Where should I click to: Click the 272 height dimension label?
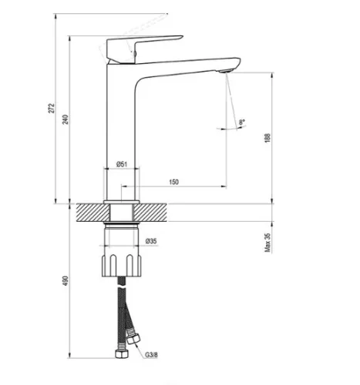[52, 108]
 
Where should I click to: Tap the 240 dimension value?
[66, 119]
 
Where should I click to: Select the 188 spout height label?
[267, 138]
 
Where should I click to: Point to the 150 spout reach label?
[173, 182]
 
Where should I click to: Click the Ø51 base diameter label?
[122, 164]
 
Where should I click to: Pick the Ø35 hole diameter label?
[151, 241]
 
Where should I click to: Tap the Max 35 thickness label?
[267, 243]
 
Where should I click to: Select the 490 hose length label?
[66, 281]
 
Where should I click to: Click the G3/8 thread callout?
[151, 355]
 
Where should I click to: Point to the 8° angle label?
[242, 122]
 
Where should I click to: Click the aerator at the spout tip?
[226, 71]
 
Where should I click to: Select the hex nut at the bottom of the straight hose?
[121, 353]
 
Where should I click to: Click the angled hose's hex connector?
[133, 338]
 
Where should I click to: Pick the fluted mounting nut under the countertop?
[121, 266]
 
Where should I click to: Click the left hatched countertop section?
[93, 213]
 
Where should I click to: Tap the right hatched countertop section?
[150, 213]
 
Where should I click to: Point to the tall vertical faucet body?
[121, 133]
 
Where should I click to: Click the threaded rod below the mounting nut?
[121, 280]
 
